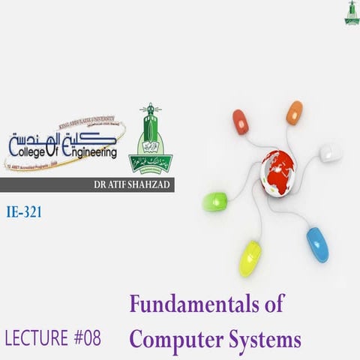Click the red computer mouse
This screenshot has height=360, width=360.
pyautogui.click(x=240, y=120)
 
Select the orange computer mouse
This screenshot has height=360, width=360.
pyautogui.click(x=294, y=112)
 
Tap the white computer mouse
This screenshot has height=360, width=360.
pyautogui.click(x=330, y=152)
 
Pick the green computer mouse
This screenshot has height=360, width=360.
pyautogui.click(x=215, y=201)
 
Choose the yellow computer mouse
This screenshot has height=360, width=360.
pyautogui.click(x=250, y=258)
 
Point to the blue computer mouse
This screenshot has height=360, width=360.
pyautogui.click(x=317, y=244)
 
